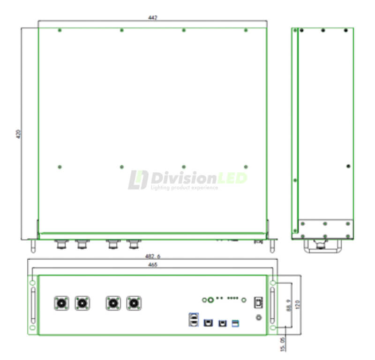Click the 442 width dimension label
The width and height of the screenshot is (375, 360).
click(152, 18)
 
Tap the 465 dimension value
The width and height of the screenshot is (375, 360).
click(153, 265)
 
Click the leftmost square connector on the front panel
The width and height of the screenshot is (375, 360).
click(61, 303)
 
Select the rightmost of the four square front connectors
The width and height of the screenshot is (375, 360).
click(134, 303)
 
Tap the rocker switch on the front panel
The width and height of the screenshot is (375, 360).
click(257, 303)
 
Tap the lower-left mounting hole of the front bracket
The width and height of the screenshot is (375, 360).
click(32, 328)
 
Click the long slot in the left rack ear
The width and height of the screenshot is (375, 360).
click(32, 305)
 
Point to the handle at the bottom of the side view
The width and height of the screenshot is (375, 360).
click(322, 246)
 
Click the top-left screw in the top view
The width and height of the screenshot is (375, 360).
click(60, 30)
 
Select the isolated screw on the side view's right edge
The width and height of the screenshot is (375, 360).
click(348, 166)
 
